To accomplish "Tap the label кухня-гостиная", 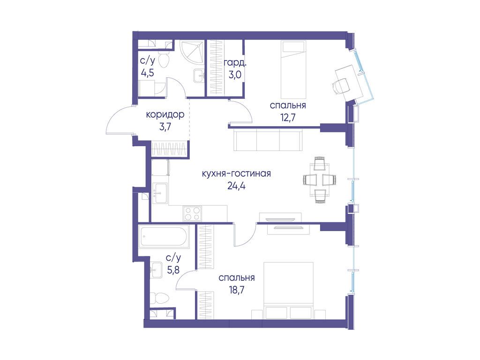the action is (236, 173).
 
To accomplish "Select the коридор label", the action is (165, 115).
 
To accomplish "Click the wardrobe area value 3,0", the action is (235, 75).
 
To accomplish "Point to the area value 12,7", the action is (288, 117).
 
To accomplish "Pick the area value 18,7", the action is (236, 290).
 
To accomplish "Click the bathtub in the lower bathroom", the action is (165, 236).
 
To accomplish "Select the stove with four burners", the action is (192, 213).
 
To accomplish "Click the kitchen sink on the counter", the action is (160, 193).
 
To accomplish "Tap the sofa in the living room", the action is (268, 140).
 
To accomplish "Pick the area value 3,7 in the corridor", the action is (165, 127).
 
